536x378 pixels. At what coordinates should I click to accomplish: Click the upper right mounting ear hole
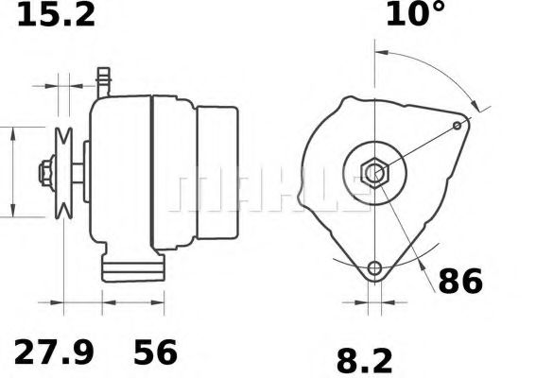click(458, 125)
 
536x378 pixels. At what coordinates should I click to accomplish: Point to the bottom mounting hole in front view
click(376, 267)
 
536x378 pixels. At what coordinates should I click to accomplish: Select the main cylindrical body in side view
click(123, 174)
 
